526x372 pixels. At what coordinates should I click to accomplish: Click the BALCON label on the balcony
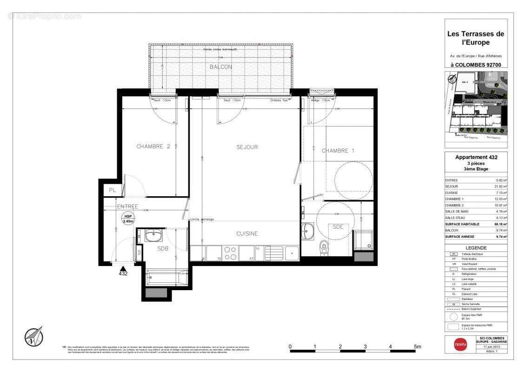click(220, 67)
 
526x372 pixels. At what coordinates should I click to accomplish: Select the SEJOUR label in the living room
click(247, 147)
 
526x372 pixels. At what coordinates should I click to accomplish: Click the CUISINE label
click(246, 234)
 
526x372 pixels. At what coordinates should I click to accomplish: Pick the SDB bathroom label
click(162, 249)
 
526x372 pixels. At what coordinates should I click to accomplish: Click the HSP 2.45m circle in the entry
click(127, 219)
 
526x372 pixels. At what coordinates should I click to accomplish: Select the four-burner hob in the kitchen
click(230, 253)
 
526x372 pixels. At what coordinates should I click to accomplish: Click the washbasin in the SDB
click(153, 236)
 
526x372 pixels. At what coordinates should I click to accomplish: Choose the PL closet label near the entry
click(112, 190)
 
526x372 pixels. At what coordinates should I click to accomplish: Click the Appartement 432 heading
click(476, 157)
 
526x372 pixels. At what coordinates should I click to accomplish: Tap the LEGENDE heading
click(476, 248)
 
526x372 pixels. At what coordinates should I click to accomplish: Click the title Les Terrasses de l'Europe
click(475, 38)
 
